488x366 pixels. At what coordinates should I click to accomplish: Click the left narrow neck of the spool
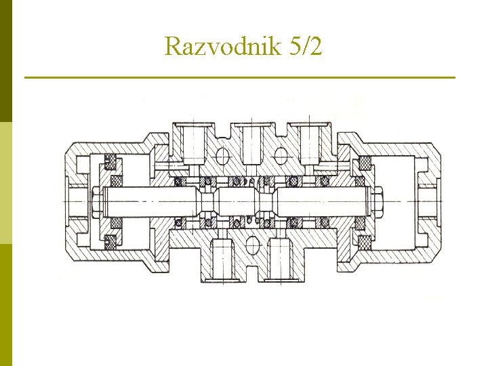coord(209,201)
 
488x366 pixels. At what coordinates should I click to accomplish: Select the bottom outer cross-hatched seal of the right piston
coord(364,240)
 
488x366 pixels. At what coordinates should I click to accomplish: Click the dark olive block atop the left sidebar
coord(5,61)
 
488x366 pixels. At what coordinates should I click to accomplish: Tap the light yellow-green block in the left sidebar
coord(5,183)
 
